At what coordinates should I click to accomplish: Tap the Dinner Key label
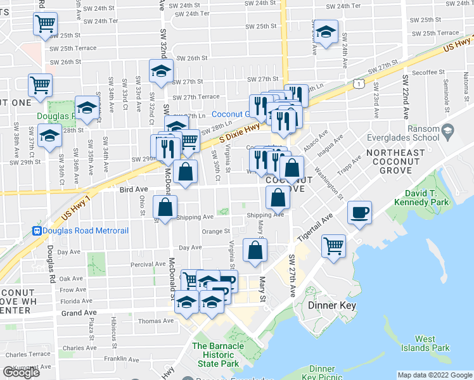332,305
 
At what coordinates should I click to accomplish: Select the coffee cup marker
360,213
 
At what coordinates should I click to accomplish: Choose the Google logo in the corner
21,372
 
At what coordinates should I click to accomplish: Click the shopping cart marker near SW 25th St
46,25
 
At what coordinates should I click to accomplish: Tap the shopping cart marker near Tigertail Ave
333,244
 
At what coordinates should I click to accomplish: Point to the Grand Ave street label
78,313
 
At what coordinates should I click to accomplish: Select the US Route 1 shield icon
360,83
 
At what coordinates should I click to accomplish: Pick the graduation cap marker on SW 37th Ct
49,136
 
